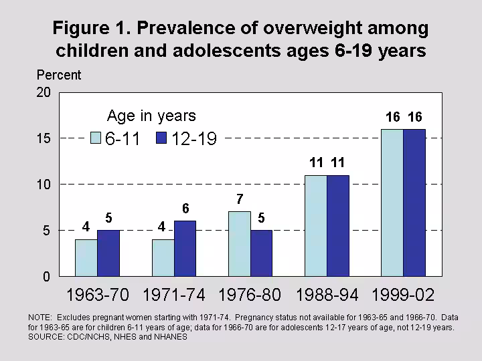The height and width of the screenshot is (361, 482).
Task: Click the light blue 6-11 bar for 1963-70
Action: coord(86,257)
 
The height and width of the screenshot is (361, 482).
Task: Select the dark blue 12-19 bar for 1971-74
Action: coord(185,248)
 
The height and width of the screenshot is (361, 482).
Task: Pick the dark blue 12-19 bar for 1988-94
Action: coord(338,225)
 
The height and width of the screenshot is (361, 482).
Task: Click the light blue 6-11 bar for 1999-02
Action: coord(392,202)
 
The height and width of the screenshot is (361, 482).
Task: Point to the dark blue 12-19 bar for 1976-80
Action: coord(262,253)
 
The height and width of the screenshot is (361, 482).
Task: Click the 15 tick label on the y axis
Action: coord(44,138)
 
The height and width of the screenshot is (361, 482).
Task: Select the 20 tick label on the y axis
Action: coord(44,93)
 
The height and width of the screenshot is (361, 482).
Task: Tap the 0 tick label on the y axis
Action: coord(47,276)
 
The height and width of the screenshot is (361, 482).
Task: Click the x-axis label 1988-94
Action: coord(328,295)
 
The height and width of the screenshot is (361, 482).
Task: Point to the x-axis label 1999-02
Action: coord(404,295)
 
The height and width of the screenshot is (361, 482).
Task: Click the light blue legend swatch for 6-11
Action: coord(96,138)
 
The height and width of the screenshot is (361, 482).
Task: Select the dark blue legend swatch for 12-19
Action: coord(161,138)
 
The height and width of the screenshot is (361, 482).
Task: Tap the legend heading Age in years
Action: coord(151,116)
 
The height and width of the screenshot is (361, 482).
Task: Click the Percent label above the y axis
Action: coord(59,75)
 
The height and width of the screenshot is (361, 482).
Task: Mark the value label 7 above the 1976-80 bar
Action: coord(239,199)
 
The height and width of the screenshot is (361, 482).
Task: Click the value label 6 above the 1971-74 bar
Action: coord(185,209)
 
